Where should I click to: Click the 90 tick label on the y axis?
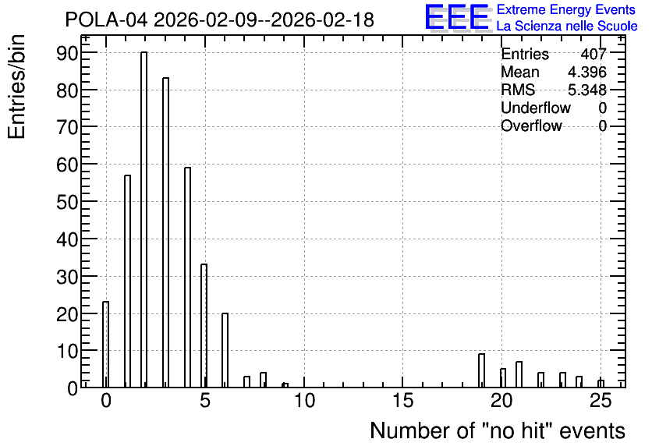click(x=67, y=53)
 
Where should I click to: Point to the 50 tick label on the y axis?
click(x=67, y=203)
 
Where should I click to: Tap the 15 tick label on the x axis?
click(x=402, y=401)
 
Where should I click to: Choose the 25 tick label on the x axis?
click(x=601, y=401)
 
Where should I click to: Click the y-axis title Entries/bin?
click(x=16, y=87)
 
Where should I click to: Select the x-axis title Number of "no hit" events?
click(x=498, y=430)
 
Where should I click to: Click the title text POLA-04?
click(x=106, y=19)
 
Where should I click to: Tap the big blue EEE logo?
click(x=457, y=17)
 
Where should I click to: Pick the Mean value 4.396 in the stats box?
click(x=587, y=72)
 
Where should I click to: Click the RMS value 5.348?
click(x=587, y=90)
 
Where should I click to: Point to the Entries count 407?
click(x=594, y=54)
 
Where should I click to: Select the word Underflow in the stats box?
click(x=536, y=108)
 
